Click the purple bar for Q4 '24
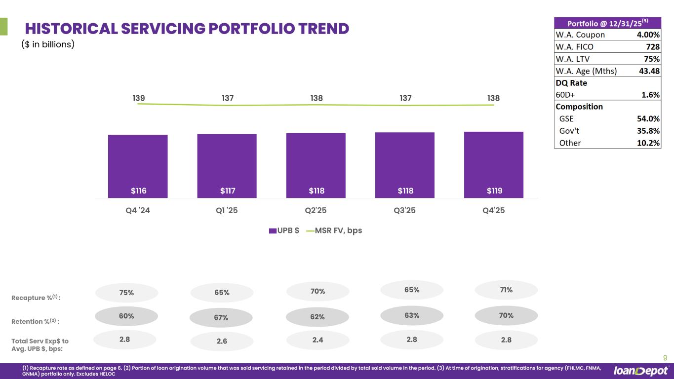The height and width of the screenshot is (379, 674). tap(138, 166)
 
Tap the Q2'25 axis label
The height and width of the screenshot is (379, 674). tap(316, 210)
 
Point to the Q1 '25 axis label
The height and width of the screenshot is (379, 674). tap(227, 210)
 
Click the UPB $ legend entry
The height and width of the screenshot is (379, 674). tap(284, 230)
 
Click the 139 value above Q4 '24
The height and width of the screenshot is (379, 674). tap(139, 98)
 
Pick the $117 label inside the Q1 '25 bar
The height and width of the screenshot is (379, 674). tap(227, 191)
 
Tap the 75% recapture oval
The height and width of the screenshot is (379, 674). tap(126, 293)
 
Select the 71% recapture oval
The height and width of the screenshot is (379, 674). tap(506, 290)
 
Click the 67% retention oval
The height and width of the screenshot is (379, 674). tap(221, 317)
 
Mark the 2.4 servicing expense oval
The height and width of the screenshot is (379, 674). tap(317, 340)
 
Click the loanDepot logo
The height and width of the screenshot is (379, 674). tap(641, 371)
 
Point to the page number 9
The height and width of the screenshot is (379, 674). tap(665, 358)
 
